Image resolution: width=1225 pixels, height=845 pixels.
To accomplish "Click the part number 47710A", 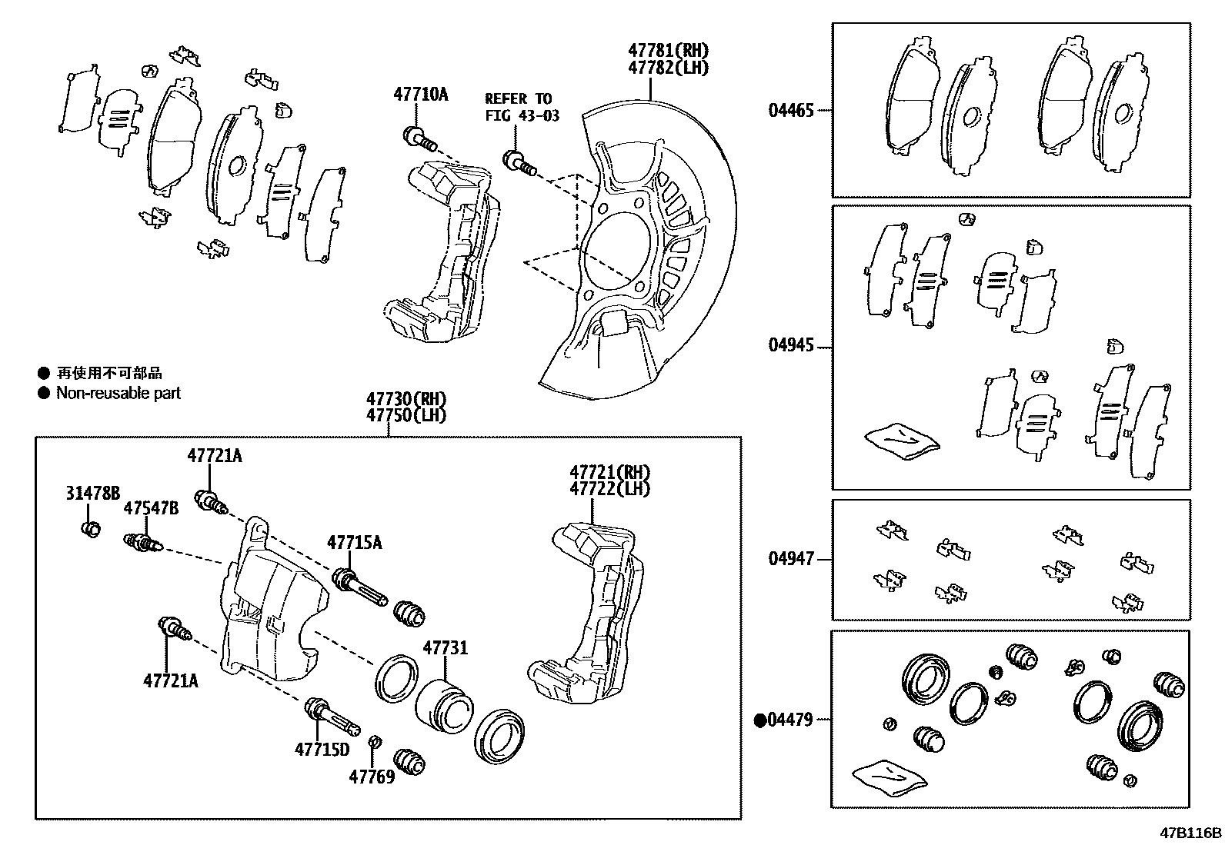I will click(x=420, y=95).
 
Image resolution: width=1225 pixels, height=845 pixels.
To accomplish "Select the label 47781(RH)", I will click(x=667, y=51).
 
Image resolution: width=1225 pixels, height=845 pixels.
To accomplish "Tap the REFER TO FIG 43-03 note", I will click(x=522, y=108).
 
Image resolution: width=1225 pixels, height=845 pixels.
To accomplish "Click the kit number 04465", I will click(x=790, y=110).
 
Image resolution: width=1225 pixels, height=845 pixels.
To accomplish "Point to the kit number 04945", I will click(x=790, y=346).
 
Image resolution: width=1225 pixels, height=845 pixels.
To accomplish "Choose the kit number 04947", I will click(x=790, y=559).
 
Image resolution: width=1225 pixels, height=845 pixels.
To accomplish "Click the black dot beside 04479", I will click(x=760, y=720).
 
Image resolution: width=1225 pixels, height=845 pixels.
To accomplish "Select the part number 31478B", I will click(x=92, y=493).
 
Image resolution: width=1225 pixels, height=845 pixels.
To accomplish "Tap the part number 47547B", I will click(x=151, y=508).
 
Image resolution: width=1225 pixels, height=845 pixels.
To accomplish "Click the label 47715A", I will click(x=354, y=543).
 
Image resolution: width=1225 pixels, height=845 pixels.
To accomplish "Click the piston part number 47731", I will click(x=445, y=648).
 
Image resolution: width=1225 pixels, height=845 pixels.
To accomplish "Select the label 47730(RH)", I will click(x=406, y=399).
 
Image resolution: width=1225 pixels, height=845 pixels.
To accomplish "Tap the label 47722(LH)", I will click(x=609, y=488).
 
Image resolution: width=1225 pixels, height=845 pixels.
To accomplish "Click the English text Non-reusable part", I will click(x=118, y=393).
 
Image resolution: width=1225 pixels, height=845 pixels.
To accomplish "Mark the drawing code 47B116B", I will click(x=1191, y=833).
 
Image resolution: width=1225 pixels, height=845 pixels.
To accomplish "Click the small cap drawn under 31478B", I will click(x=91, y=529).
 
